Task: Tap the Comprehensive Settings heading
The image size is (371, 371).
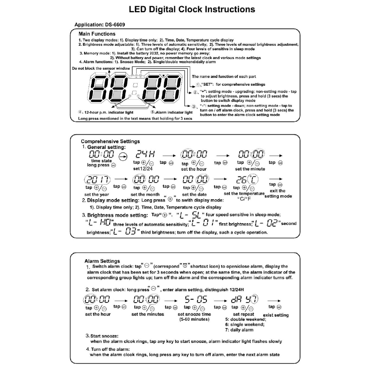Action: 110,141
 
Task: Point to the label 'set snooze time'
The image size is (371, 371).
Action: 194,314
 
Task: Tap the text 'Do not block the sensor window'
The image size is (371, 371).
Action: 101,68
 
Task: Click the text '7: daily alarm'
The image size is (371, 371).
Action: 239,330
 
